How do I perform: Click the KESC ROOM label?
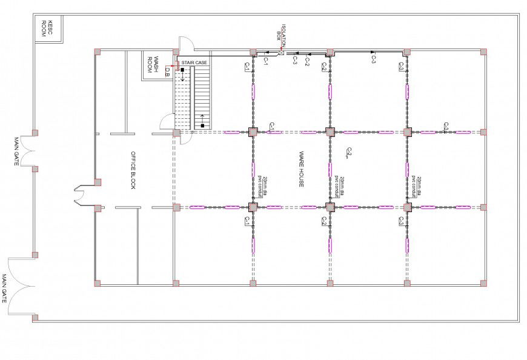click(44, 28)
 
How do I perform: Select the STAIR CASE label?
click(194, 62)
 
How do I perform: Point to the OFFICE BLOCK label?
click(133, 170)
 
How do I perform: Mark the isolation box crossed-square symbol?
click(281, 53)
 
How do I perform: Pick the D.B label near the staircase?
click(168, 72)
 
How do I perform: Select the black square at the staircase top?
click(182, 70)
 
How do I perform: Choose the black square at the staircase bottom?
click(202, 126)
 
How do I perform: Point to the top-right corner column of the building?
click(483, 52)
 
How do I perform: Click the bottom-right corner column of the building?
click(483, 283)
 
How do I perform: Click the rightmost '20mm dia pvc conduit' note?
click(416, 186)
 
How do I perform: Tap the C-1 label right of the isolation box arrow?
click(265, 60)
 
